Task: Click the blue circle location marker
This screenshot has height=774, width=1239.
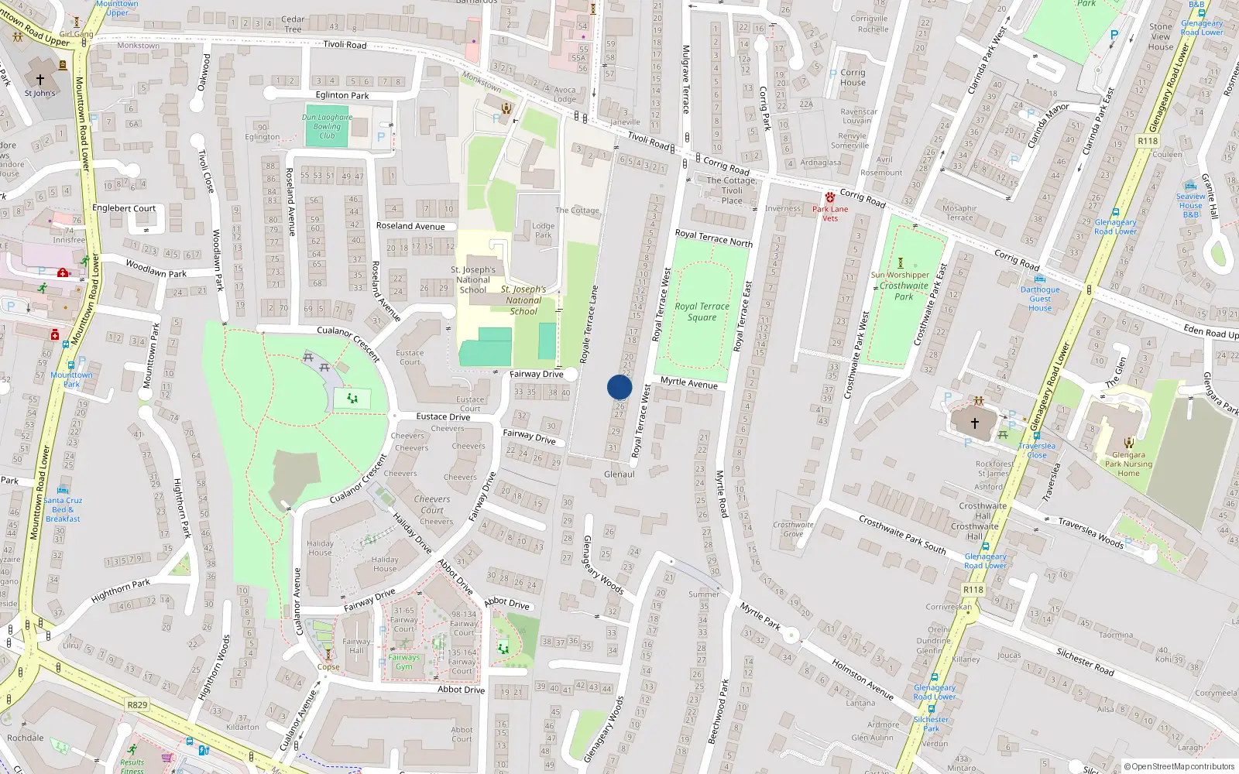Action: point(619,387)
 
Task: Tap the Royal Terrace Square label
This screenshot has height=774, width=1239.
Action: point(702,312)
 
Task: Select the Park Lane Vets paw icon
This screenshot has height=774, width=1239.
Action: point(830,197)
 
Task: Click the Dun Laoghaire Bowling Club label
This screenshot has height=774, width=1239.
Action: point(327,127)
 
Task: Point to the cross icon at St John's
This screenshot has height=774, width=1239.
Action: point(40,79)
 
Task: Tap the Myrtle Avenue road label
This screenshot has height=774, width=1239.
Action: point(688,383)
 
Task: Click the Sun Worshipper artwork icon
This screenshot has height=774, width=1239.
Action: point(900,263)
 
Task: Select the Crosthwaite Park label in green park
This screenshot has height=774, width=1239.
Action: point(904,291)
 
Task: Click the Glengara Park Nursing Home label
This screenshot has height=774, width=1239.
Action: point(1128,464)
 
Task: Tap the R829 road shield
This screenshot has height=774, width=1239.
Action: point(137,704)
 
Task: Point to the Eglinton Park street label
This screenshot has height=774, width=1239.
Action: point(342,95)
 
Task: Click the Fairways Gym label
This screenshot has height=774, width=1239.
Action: point(404,662)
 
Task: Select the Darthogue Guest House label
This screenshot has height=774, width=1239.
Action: point(1040,299)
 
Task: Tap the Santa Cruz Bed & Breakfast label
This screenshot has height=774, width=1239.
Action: point(63,509)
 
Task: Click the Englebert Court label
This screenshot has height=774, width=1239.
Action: point(124,208)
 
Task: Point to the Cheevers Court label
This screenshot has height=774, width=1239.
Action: point(432,504)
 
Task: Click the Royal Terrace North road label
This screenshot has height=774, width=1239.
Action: point(713,238)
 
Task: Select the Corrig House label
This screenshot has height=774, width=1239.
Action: point(853,77)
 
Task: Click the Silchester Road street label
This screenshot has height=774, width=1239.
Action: point(1085,662)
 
